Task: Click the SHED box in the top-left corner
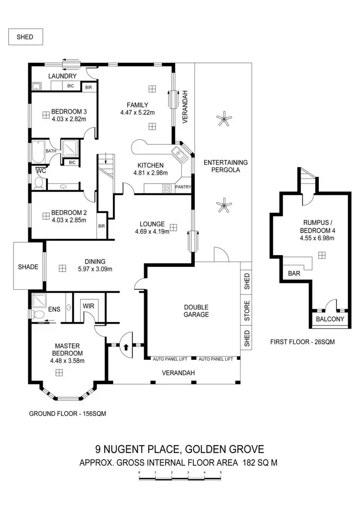click(25, 37)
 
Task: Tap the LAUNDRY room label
click(62, 76)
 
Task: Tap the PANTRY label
click(183, 187)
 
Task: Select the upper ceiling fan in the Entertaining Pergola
click(224, 117)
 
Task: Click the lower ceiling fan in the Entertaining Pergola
click(224, 207)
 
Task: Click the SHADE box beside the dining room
click(28, 267)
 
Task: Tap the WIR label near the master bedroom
click(88, 306)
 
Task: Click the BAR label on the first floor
click(294, 273)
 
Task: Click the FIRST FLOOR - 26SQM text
click(302, 342)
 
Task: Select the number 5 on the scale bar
click(221, 473)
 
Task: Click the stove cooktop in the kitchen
click(167, 188)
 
